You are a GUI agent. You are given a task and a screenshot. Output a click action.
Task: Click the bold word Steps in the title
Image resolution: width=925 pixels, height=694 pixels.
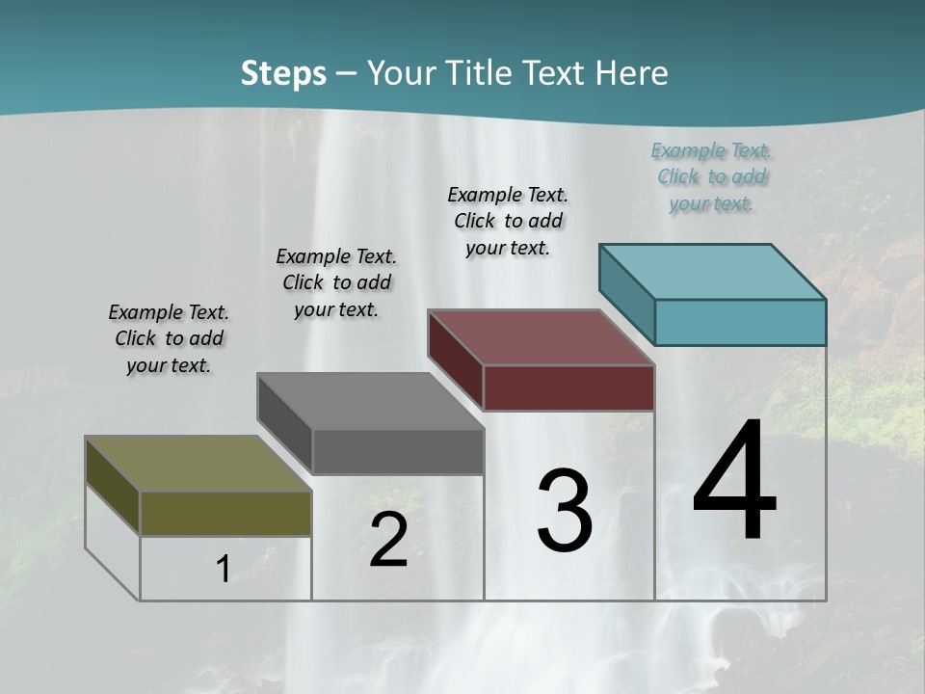click(x=283, y=73)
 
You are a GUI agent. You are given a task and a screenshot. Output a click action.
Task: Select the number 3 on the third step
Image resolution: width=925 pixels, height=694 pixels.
click(x=565, y=510)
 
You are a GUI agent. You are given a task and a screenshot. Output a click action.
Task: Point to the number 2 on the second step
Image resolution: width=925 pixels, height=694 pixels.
click(x=388, y=541)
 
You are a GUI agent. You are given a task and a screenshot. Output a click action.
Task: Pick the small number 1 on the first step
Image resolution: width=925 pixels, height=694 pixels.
click(x=223, y=570)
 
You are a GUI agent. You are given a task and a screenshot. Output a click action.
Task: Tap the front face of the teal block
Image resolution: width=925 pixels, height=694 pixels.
click(x=740, y=322)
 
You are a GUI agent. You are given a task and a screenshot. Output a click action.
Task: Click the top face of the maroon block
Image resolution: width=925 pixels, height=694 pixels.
click(x=541, y=336)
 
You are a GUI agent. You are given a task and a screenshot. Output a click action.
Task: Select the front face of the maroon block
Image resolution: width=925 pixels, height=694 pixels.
click(x=568, y=387)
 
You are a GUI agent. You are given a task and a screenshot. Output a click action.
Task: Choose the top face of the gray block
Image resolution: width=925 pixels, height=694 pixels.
click(x=369, y=400)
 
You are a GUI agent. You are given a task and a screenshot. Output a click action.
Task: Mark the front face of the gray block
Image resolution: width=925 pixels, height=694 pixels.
click(x=398, y=451)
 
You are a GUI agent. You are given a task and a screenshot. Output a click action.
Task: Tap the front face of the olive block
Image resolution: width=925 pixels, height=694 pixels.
click(x=225, y=513)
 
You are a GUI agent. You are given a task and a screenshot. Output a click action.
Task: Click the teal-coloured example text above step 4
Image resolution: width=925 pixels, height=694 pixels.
click(x=711, y=176)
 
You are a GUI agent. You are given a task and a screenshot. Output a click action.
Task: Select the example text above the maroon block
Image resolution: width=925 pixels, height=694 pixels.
click(x=508, y=221)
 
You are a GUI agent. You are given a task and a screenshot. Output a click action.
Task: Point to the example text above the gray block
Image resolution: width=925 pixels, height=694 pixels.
click(x=336, y=282)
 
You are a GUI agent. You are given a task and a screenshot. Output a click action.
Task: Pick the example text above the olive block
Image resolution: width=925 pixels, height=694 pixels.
click(x=169, y=338)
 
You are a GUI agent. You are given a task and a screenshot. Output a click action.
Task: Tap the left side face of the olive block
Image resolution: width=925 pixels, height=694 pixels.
click(x=113, y=484)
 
